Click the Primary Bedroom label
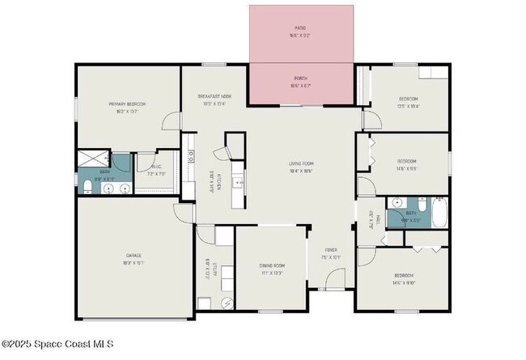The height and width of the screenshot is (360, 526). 127,104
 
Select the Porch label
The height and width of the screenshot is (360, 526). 300,78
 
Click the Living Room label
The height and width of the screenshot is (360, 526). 301,164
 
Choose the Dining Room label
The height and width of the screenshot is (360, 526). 272,266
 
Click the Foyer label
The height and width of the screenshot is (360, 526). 331,250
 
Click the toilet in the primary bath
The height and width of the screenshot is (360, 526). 87,188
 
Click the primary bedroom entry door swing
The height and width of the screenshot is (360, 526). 171,122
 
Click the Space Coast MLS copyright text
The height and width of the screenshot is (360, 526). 57,344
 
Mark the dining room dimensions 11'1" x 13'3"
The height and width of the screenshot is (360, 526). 272,273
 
